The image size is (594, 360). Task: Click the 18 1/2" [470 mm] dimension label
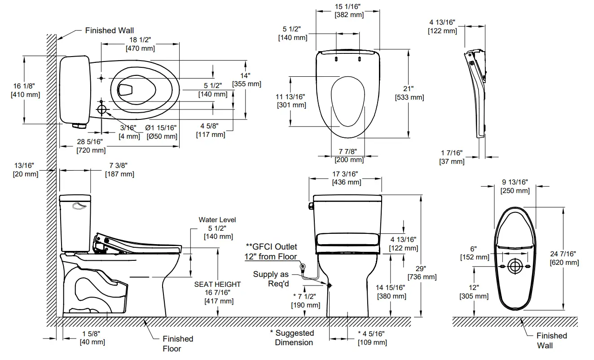pyautogui.click(x=140, y=44)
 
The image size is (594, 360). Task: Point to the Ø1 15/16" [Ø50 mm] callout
pyautogui.click(x=162, y=132)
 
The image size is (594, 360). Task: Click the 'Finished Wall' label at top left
pyautogui.click(x=110, y=31)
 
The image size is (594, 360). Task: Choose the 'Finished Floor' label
pyautogui.click(x=178, y=343)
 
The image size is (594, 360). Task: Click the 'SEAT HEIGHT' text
pyautogui.click(x=217, y=284)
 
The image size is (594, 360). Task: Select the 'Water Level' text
pyautogui.click(x=217, y=220)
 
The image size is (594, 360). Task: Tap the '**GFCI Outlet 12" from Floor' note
pyautogui.click(x=271, y=251)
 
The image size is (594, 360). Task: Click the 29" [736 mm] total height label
pyautogui.click(x=422, y=272)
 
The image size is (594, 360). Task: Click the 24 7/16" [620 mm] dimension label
pyautogui.click(x=564, y=258)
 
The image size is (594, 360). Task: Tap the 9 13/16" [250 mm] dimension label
pyautogui.click(x=515, y=186)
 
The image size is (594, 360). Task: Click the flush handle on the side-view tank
pyautogui.click(x=79, y=206)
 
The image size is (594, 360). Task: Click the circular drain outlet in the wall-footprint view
pyautogui.click(x=515, y=267)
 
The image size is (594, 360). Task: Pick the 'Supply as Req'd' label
pyautogui.click(x=271, y=279)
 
